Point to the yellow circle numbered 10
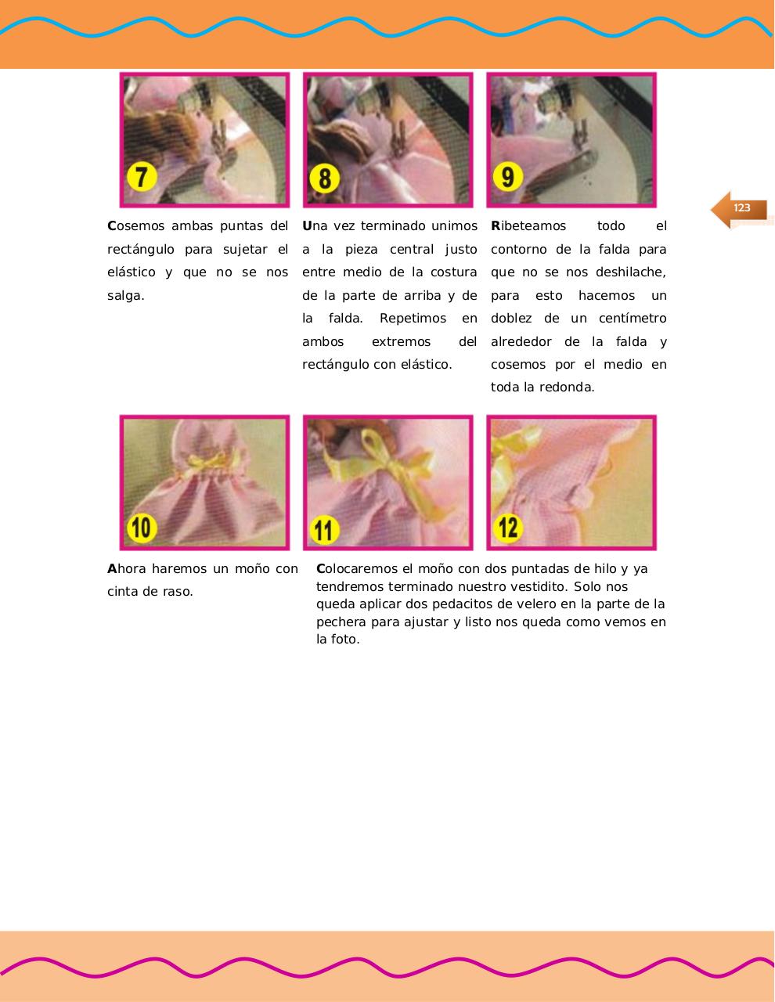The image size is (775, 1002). [x=141, y=527]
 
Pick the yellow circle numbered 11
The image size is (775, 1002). [x=324, y=529]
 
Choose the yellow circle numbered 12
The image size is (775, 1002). [x=507, y=527]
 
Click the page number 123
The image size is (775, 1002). [x=741, y=208]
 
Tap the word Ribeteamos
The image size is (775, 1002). [x=528, y=226]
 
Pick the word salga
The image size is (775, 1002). [x=125, y=296]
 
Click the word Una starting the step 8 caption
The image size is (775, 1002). [x=315, y=226]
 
